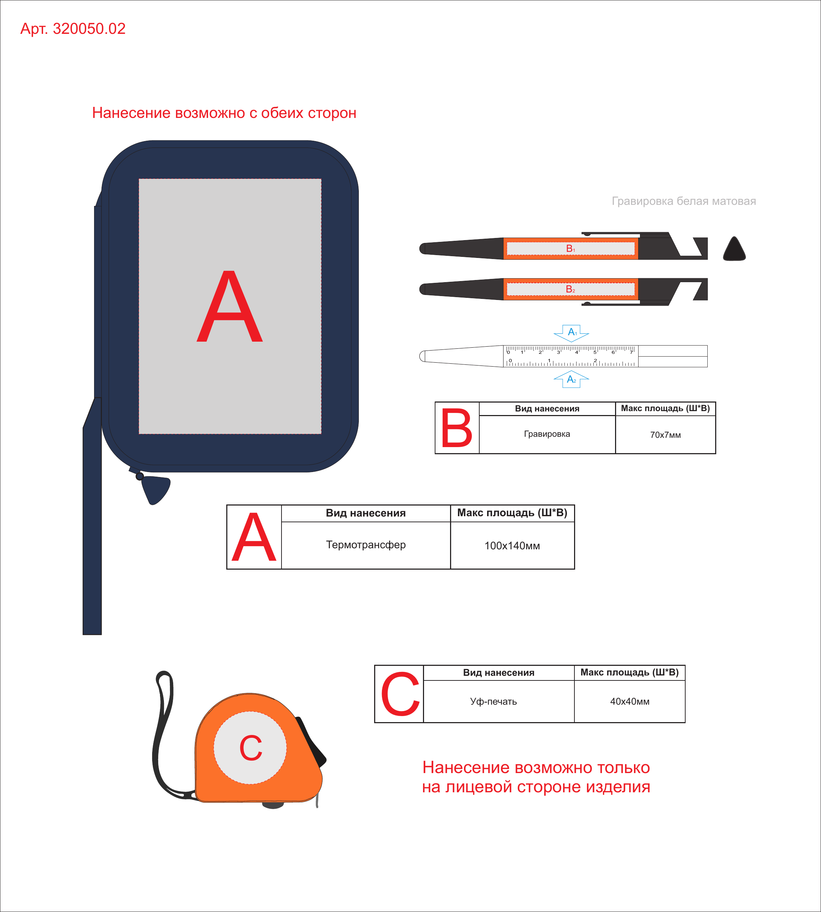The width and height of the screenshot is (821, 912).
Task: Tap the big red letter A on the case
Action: pyautogui.click(x=229, y=306)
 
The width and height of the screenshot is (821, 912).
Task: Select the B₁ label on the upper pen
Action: pyautogui.click(x=570, y=249)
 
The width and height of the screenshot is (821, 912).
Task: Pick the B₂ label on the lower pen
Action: pyautogui.click(x=570, y=289)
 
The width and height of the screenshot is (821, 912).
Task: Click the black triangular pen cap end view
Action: pyautogui.click(x=734, y=249)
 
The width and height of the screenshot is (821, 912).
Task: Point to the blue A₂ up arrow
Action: pyautogui.click(x=572, y=379)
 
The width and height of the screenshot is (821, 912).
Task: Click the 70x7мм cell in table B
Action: pyautogui.click(x=665, y=435)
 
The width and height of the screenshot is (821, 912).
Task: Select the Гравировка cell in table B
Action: pyautogui.click(x=547, y=434)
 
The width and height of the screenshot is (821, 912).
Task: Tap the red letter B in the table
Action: pyautogui.click(x=456, y=428)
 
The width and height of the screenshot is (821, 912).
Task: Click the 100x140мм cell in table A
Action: pyautogui.click(x=512, y=546)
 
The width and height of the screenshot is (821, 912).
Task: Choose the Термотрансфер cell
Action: pyautogui.click(x=366, y=545)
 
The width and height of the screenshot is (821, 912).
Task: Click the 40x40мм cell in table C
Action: pyautogui.click(x=630, y=701)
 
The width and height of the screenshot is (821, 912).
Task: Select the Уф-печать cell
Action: pyautogui.click(x=494, y=701)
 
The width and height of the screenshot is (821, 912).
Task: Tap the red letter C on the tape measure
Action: pyautogui.click(x=251, y=747)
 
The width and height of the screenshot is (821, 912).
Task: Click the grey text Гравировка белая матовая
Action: pyautogui.click(x=684, y=201)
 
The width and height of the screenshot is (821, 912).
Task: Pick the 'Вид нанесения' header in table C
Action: pyautogui.click(x=499, y=673)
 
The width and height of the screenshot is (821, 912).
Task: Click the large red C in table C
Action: pyautogui.click(x=400, y=694)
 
